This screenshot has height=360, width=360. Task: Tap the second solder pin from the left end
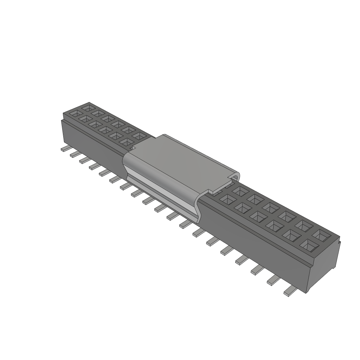(x=75, y=154)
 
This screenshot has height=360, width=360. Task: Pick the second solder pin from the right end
(x=273, y=280)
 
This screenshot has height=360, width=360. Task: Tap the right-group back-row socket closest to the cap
(x=240, y=191)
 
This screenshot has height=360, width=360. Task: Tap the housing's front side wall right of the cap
(x=253, y=246)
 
